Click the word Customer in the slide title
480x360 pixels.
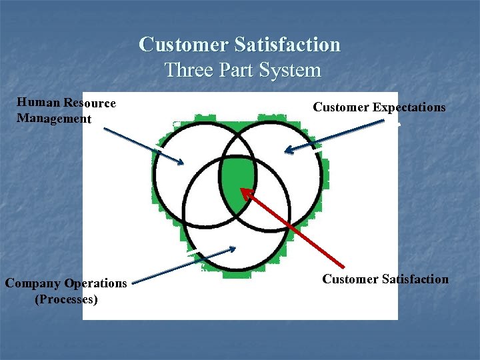(x=183, y=45)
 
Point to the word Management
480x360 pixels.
(x=53, y=119)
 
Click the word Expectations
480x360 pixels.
(x=409, y=107)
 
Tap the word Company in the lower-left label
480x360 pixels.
(x=33, y=283)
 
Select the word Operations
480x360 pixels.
(x=96, y=283)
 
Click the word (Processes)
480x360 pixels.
(x=66, y=299)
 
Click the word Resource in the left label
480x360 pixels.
(x=89, y=103)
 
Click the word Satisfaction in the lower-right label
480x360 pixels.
(x=414, y=279)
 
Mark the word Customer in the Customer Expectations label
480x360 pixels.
(x=341, y=107)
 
